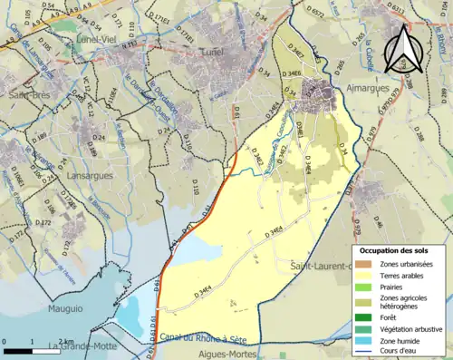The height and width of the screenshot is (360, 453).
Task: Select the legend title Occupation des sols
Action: [x=394, y=249]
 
